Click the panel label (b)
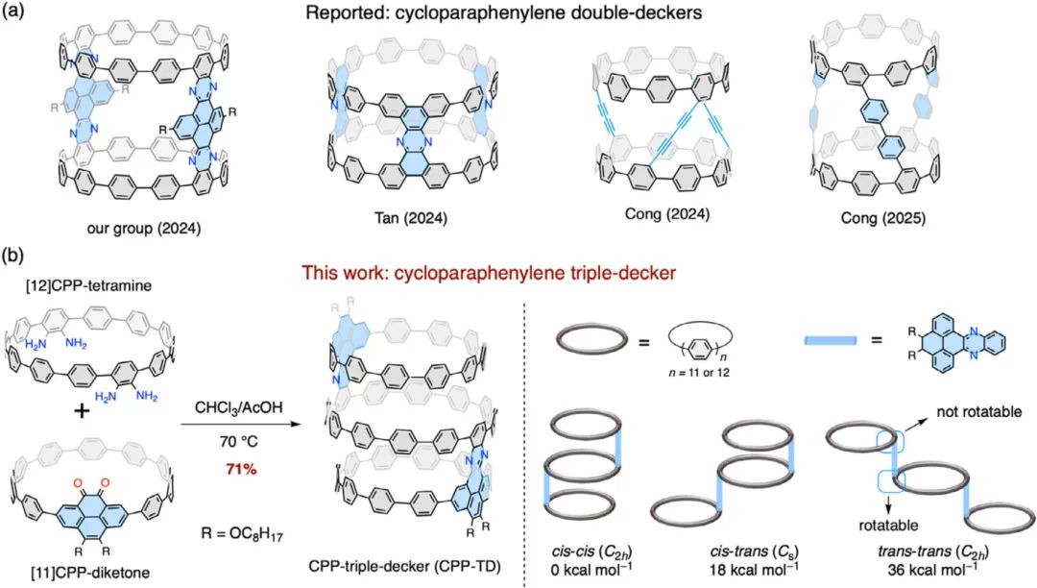pos(16,257)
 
